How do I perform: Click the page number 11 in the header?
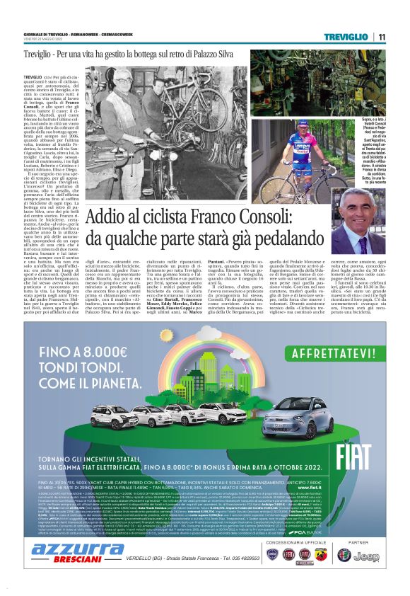point(380,36)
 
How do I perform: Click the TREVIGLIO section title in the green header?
point(346,36)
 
